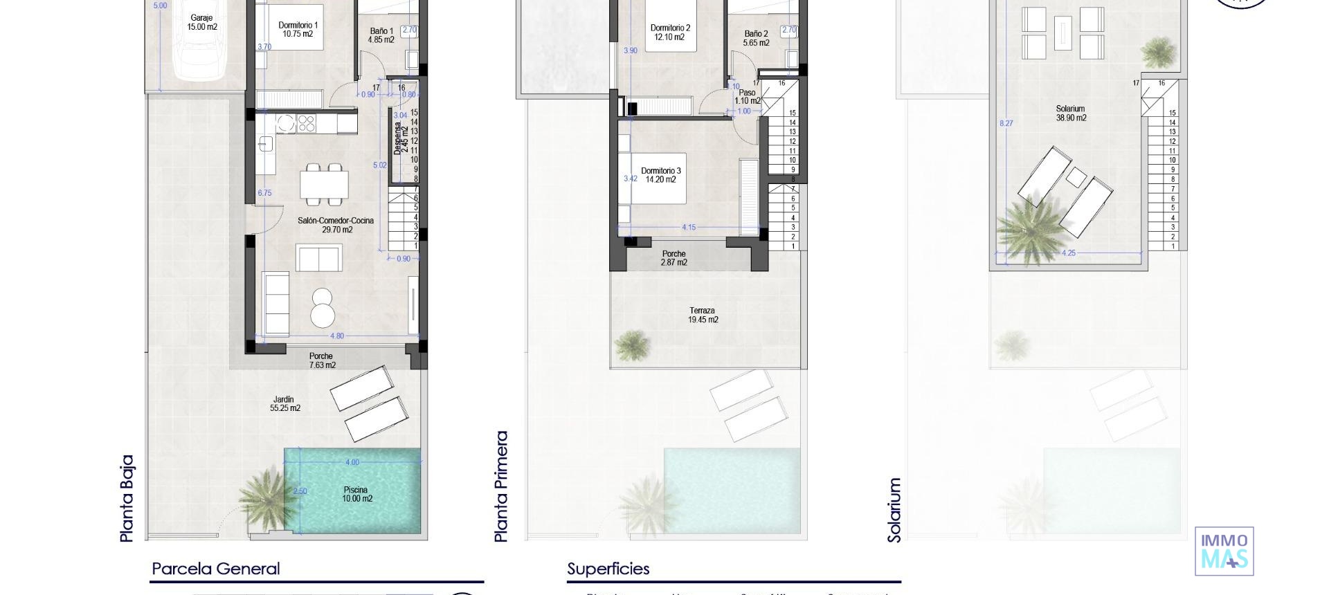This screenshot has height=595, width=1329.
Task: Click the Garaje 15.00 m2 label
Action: (x=201, y=23)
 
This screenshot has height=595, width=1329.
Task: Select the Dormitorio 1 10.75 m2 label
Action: (x=298, y=30)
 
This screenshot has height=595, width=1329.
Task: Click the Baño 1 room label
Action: (x=381, y=35)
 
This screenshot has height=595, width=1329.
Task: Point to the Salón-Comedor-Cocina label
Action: (x=336, y=225)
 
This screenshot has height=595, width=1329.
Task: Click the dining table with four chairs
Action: (x=324, y=185)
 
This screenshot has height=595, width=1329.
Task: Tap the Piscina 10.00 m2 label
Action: (x=357, y=494)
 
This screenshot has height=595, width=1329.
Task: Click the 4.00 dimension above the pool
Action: (x=352, y=462)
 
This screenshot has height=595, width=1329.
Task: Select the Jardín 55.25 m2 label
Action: (x=284, y=403)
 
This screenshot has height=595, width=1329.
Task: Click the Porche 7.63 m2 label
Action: (x=322, y=360)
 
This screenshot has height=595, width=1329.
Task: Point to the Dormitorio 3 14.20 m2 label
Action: (x=660, y=175)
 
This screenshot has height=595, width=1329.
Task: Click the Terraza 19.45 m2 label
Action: (x=703, y=315)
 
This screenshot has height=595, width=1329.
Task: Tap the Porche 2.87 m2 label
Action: (x=673, y=258)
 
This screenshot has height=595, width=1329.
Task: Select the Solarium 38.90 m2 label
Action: (x=1071, y=113)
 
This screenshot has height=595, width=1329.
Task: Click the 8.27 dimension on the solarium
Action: (x=1006, y=123)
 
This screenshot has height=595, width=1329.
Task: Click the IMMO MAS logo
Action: (x=1224, y=551)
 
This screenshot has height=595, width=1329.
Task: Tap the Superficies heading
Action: (x=608, y=569)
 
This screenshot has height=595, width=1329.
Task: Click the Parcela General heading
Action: (x=215, y=569)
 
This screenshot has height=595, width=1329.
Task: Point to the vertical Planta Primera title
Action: (x=502, y=486)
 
